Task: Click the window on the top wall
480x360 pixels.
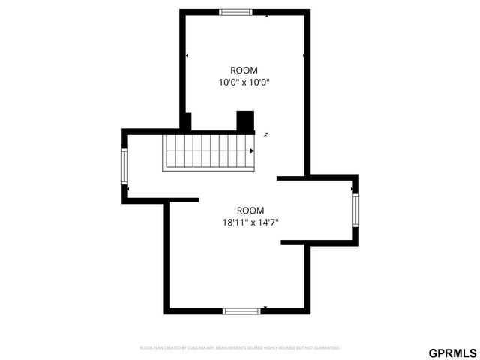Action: (235, 11)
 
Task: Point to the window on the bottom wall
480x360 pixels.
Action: (241, 310)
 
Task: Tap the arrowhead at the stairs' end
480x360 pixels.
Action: (253, 151)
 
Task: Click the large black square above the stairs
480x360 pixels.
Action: (245, 121)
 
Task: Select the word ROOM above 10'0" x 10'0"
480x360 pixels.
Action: (243, 70)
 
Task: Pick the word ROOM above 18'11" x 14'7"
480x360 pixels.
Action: (250, 210)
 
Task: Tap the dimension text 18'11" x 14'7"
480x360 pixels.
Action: (250, 222)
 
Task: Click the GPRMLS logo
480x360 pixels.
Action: (452, 352)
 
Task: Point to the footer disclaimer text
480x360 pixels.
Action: (240, 348)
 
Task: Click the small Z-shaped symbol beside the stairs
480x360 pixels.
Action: (265, 134)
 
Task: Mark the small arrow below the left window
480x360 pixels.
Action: (128, 189)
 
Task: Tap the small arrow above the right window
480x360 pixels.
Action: (352, 190)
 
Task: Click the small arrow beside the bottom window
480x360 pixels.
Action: (265, 307)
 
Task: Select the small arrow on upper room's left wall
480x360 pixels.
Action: (187, 55)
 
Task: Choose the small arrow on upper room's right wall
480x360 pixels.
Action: (304, 55)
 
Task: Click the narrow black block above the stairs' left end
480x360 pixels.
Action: (187, 121)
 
